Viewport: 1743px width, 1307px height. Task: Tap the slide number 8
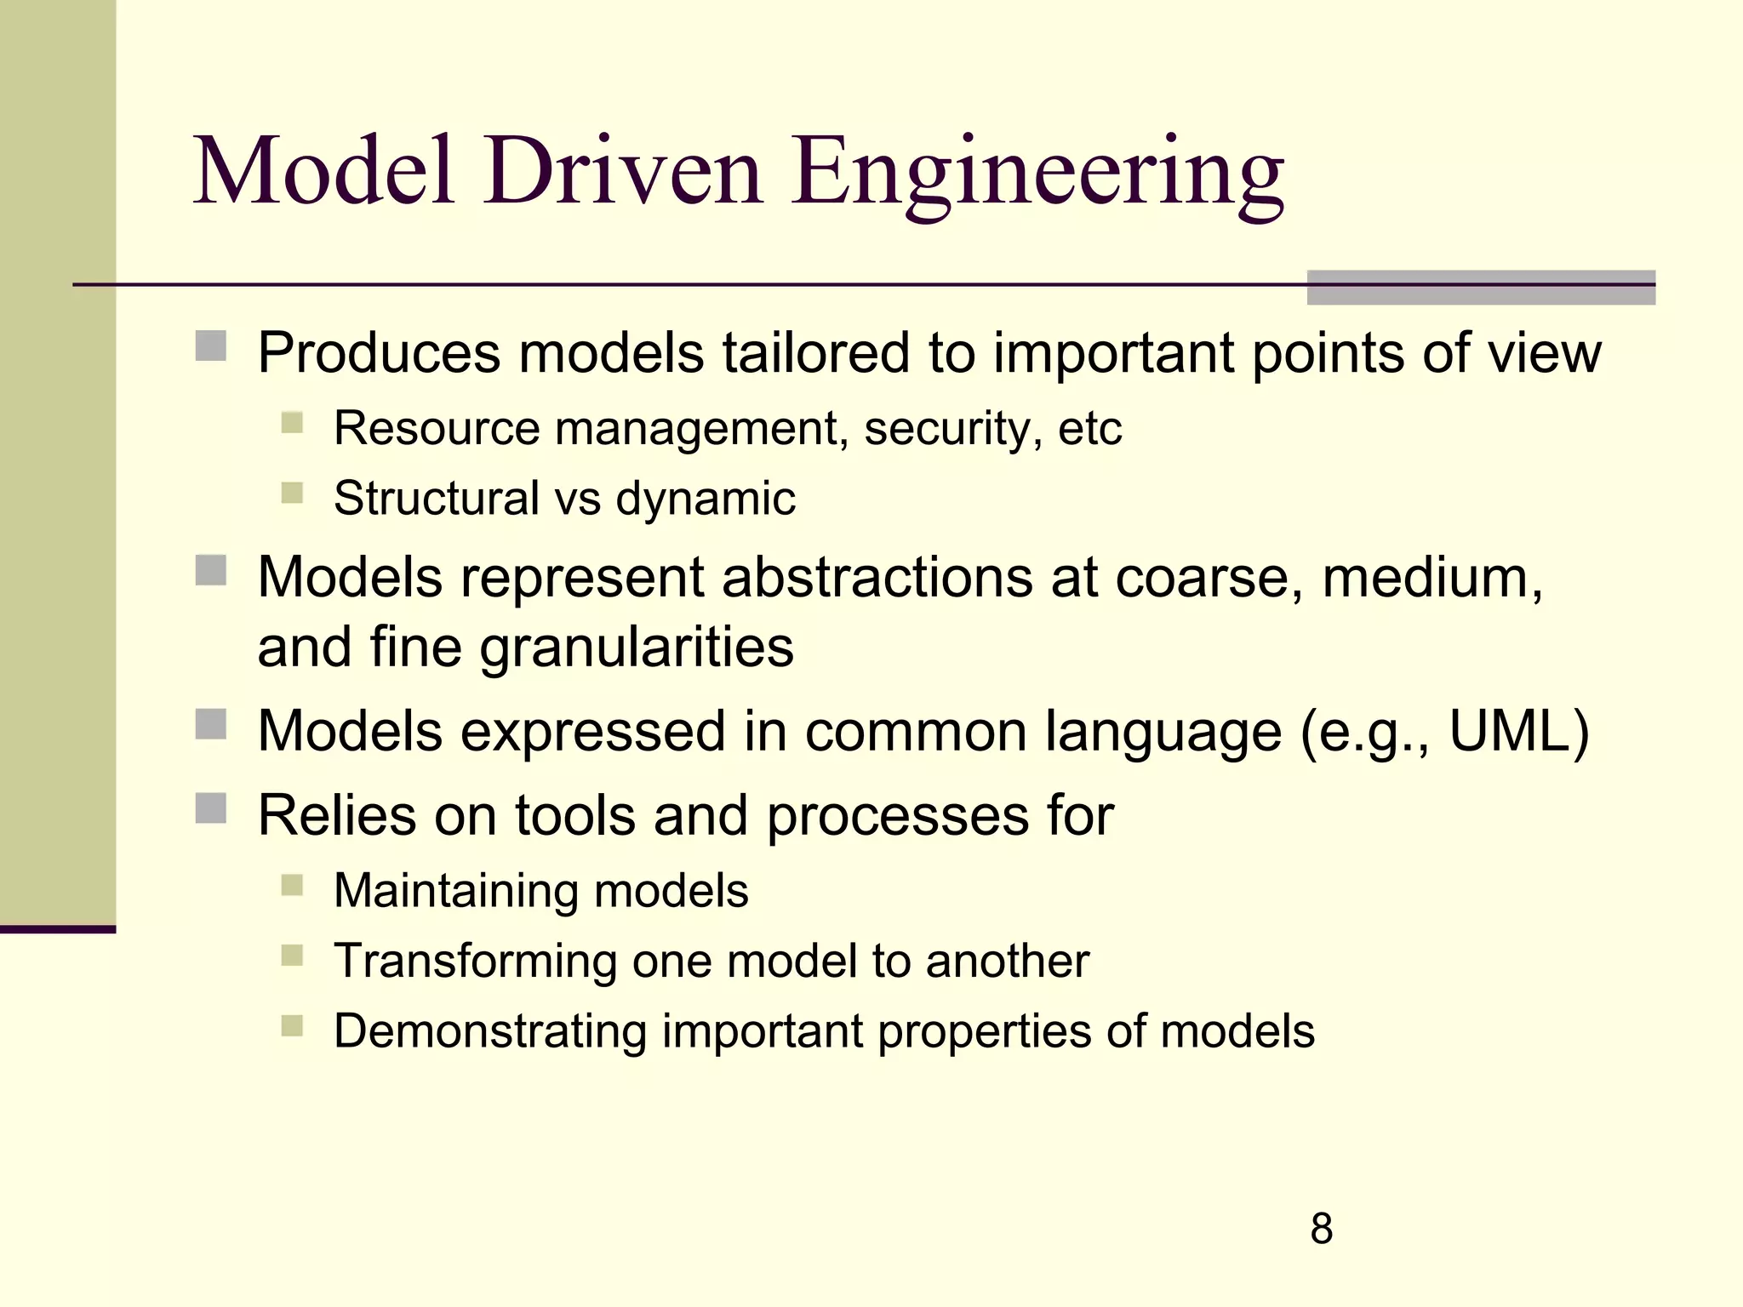point(1321,1229)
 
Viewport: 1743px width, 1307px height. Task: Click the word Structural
point(437,498)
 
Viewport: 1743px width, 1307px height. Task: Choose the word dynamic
point(706,499)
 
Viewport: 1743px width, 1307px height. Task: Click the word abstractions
point(877,577)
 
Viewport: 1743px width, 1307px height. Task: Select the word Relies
point(336,815)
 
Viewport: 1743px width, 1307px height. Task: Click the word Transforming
point(474,962)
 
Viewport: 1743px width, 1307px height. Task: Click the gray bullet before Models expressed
point(210,725)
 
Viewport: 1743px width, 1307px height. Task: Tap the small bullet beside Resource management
point(292,423)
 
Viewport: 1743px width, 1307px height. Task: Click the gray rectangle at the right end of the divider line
point(1480,288)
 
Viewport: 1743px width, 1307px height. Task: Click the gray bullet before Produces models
point(210,346)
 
